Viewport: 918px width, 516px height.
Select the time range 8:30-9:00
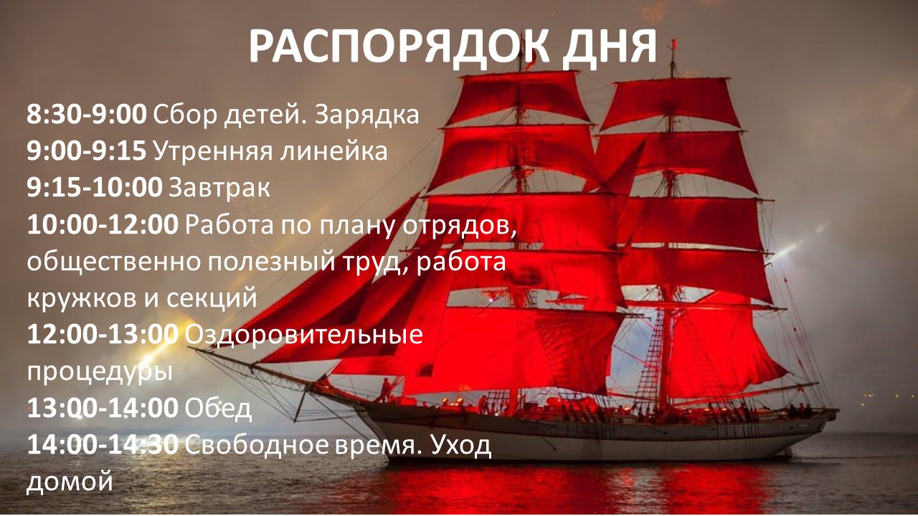(x=87, y=114)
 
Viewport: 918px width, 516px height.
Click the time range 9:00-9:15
(x=87, y=150)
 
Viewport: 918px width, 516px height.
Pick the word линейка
(x=333, y=151)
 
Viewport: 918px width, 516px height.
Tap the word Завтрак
(x=219, y=188)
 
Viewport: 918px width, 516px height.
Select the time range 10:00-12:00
(x=103, y=224)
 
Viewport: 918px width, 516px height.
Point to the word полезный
(x=271, y=262)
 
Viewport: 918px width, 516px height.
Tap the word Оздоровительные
(x=303, y=335)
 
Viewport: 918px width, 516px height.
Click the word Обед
(x=217, y=409)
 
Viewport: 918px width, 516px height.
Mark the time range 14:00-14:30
(x=103, y=445)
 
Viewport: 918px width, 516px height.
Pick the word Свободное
(x=257, y=445)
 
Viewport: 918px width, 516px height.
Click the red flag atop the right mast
(x=673, y=44)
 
